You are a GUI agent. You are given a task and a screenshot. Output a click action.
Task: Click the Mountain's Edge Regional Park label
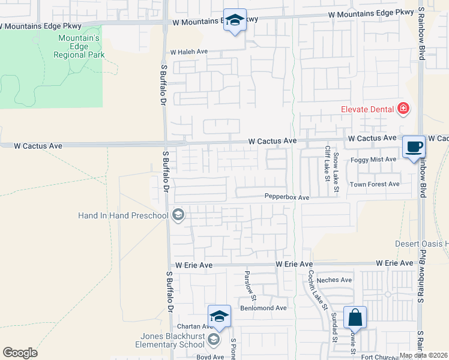click(x=79, y=47)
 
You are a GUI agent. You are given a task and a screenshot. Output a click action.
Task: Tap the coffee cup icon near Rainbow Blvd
click(x=414, y=147)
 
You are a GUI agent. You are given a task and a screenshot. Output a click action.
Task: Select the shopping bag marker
click(x=355, y=317)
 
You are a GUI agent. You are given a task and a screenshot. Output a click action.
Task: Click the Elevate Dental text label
click(x=367, y=109)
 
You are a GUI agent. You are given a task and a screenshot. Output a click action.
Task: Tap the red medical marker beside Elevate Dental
click(x=403, y=109)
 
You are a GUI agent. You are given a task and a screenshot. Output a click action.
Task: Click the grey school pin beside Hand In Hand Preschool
click(x=178, y=215)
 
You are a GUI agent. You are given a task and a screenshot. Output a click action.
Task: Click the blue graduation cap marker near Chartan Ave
click(x=219, y=316)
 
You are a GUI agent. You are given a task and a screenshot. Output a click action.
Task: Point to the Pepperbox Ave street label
click(x=287, y=197)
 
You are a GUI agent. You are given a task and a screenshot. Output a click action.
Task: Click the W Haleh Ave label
click(x=189, y=52)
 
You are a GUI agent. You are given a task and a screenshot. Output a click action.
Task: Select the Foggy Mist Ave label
click(x=374, y=159)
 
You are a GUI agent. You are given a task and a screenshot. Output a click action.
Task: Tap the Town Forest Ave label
click(x=375, y=184)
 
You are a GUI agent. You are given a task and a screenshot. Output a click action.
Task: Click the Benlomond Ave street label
click(x=264, y=308)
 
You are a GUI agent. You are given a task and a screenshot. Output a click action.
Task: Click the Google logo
click(x=20, y=353)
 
